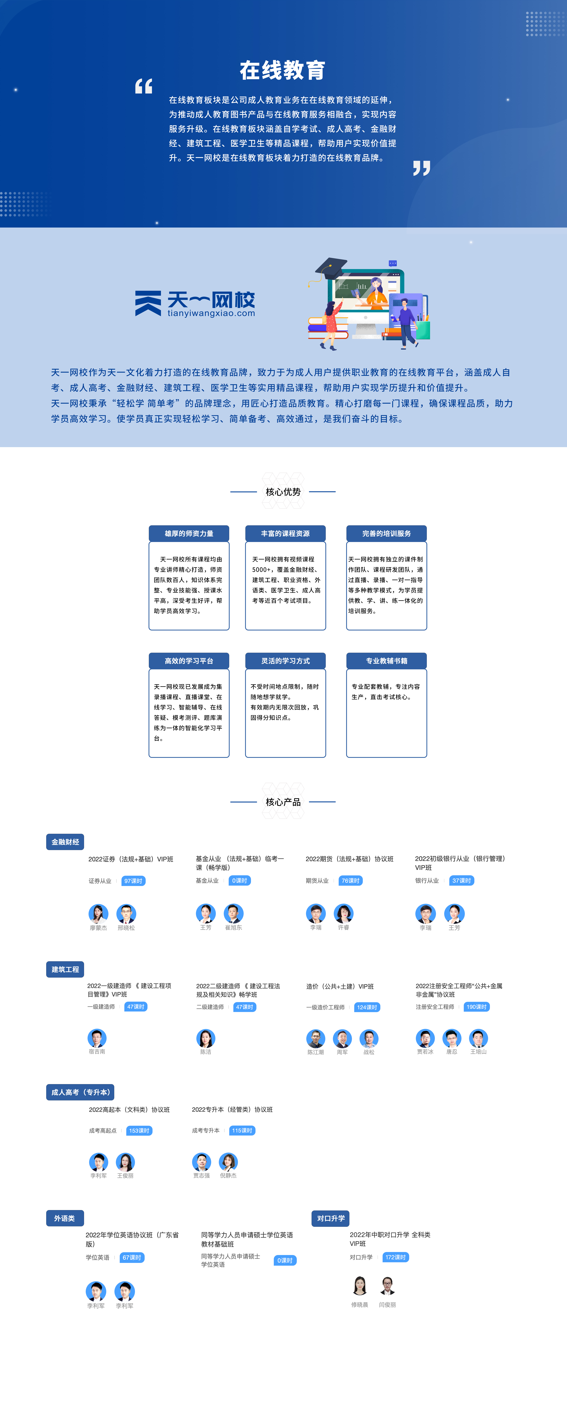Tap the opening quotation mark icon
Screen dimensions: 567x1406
click(144, 86)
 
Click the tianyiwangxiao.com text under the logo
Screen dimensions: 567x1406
click(211, 313)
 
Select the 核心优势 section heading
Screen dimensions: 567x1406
click(283, 492)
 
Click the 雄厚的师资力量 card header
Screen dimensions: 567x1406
click(189, 533)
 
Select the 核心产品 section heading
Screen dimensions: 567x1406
click(283, 802)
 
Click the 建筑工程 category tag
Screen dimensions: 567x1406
click(65, 969)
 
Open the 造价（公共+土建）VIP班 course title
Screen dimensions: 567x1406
click(340, 986)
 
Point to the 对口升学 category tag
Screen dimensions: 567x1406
click(330, 1218)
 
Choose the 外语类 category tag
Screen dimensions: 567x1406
click(64, 1218)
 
